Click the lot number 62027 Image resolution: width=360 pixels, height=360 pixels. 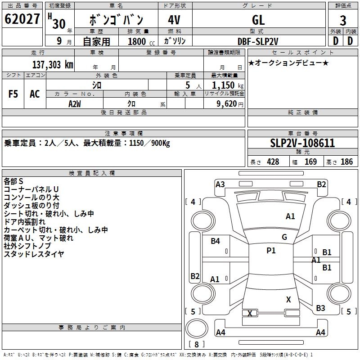pyautogui.click(x=22, y=19)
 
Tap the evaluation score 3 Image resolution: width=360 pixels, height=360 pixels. pyautogui.click(x=343, y=20)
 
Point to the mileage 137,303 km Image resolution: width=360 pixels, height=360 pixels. pyautogui.click(x=53, y=64)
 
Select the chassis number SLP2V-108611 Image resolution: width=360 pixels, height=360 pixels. pyautogui.click(x=303, y=143)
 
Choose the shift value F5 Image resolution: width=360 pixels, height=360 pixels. pyautogui.click(x=13, y=94)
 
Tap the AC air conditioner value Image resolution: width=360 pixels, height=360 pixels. pyautogui.click(x=35, y=94)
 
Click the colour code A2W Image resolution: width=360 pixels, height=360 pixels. pyautogui.click(x=74, y=104)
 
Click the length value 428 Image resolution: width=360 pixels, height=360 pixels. pyautogui.click(x=273, y=162)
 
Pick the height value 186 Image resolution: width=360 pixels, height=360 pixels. pyautogui.click(x=346, y=162)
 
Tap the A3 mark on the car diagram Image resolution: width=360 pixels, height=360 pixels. pyautogui.click(x=220, y=184)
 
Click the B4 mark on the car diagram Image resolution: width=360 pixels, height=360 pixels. pyautogui.click(x=216, y=241)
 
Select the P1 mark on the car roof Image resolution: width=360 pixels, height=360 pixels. pyautogui.click(x=271, y=251)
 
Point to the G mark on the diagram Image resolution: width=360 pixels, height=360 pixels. pyautogui.click(x=284, y=237)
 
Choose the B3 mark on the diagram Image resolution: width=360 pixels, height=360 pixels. pyautogui.click(x=320, y=308)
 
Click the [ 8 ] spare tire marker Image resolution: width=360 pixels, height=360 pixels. pyautogui.click(x=197, y=345)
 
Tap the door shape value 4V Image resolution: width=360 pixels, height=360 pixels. pyautogui.click(x=175, y=20)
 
